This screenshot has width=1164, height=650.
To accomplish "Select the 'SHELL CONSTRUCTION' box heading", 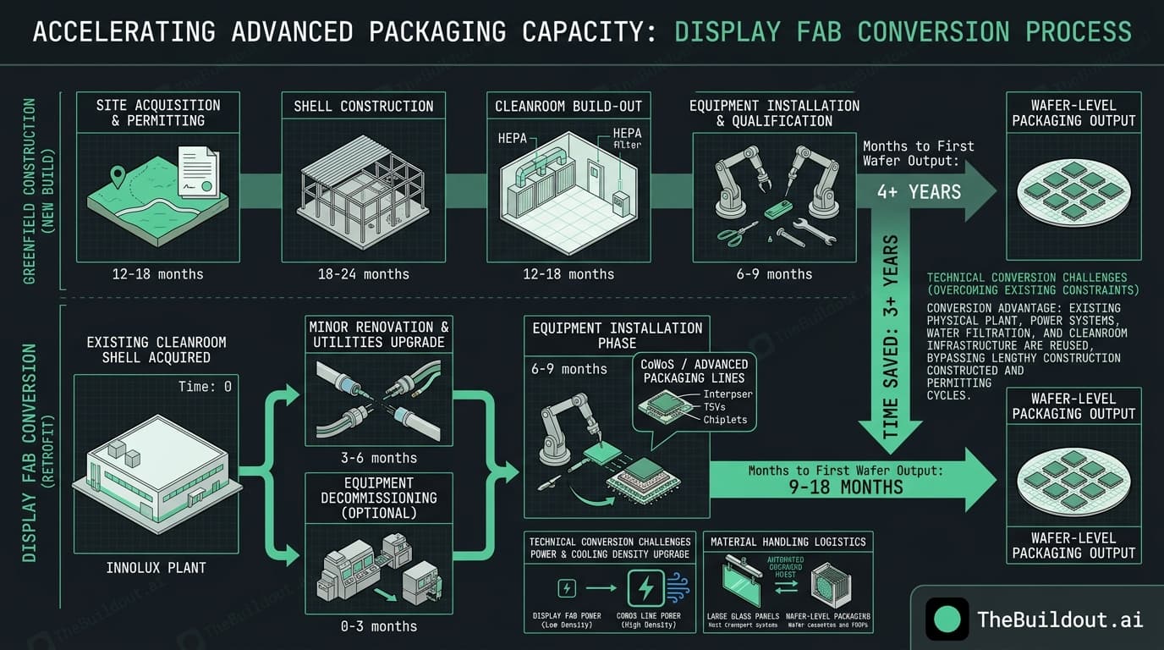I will click(x=364, y=106).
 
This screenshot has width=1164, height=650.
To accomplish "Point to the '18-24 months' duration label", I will click(x=364, y=273).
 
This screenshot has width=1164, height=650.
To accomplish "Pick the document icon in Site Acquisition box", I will click(x=198, y=174).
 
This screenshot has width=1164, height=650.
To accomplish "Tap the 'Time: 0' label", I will click(x=205, y=387).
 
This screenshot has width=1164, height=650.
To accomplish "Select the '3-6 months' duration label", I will click(x=378, y=458).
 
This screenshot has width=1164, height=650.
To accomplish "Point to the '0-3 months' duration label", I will click(x=378, y=626).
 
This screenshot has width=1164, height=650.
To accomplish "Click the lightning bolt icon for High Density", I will click(x=646, y=588).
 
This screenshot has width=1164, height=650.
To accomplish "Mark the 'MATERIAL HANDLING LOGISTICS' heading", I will click(x=788, y=542).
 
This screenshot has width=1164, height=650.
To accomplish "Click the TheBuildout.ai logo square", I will click(x=947, y=619).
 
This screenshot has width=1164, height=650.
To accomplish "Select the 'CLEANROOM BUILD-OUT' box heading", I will click(x=568, y=106).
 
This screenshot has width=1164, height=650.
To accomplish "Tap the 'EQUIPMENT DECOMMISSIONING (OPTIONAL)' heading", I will click(x=379, y=498).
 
